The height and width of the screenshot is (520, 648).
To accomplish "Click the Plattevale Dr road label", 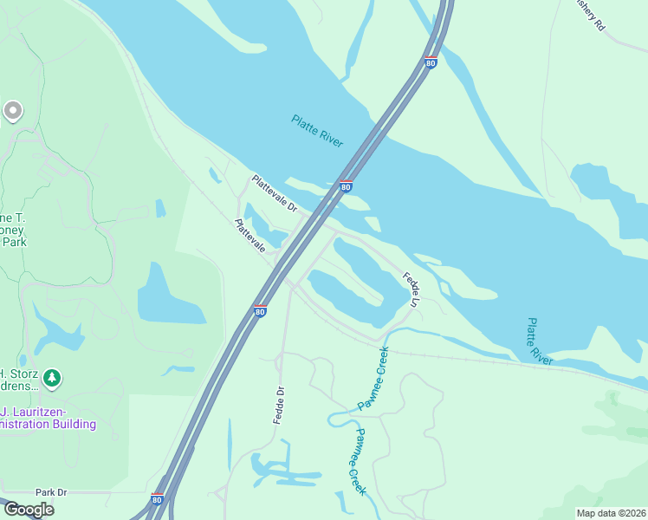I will click(274, 194).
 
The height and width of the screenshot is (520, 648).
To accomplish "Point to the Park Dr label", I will click(51, 492).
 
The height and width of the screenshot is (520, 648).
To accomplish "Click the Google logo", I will click(29, 510).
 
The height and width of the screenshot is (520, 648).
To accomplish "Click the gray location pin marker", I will click(12, 111).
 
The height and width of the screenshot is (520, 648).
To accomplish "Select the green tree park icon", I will click(53, 378).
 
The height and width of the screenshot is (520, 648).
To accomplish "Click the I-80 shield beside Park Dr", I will click(157, 499).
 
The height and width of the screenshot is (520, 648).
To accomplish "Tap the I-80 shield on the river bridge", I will click(346, 186).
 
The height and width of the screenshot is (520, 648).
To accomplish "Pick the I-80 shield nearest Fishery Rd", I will click(431, 62).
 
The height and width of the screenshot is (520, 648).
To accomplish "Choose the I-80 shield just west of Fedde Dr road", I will click(260, 311).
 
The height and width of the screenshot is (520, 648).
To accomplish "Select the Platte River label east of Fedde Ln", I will click(539, 341).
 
